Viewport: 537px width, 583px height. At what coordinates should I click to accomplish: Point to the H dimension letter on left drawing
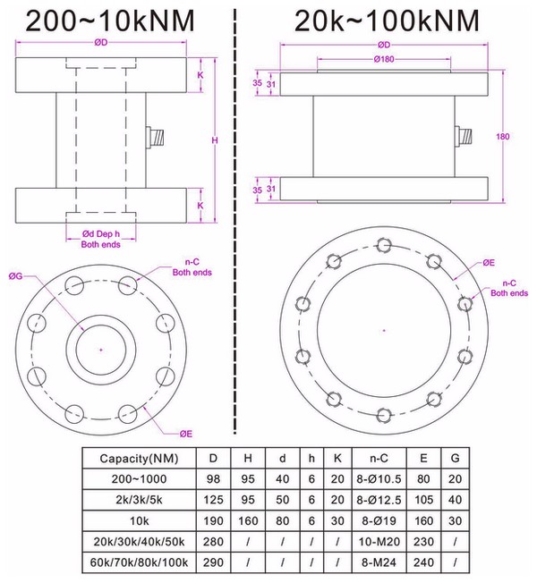pyautogui.click(x=213, y=140)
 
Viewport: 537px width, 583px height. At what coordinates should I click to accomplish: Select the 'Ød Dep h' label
pyautogui.click(x=99, y=234)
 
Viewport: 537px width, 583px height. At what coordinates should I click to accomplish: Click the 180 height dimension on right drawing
pyautogui.click(x=501, y=137)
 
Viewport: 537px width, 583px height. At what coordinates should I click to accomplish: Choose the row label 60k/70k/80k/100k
pyautogui.click(x=138, y=563)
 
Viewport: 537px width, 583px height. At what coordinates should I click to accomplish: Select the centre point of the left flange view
pyautogui.click(x=100, y=348)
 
